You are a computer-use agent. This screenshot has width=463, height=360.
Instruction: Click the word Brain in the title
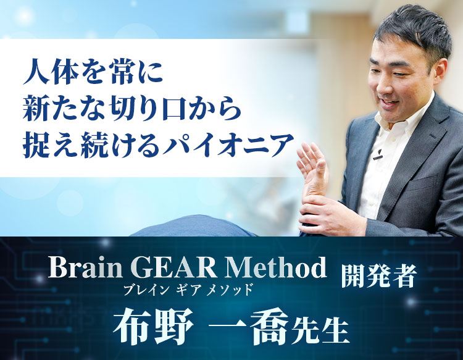click(x=80, y=268)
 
